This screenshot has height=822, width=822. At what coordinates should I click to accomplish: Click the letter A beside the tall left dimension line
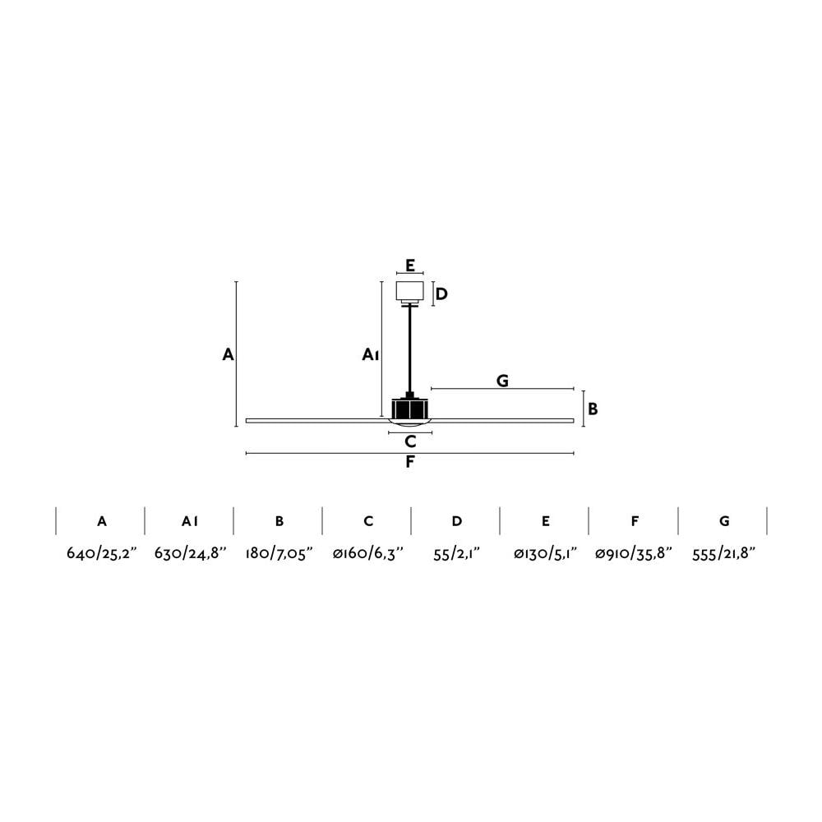(228, 355)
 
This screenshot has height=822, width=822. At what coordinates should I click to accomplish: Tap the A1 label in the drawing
(371, 355)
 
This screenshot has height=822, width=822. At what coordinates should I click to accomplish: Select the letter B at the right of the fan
(593, 409)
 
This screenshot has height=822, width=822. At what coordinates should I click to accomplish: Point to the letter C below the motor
(410, 442)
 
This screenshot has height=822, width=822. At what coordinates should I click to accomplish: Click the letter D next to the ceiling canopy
(442, 294)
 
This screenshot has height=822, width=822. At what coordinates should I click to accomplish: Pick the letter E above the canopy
(410, 266)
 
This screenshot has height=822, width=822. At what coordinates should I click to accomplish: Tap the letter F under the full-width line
(410, 462)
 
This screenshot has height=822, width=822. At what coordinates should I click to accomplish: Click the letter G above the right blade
(502, 381)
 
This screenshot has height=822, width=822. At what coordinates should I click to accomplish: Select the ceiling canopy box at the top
(410, 292)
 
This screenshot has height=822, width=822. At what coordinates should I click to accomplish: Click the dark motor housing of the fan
(410, 409)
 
